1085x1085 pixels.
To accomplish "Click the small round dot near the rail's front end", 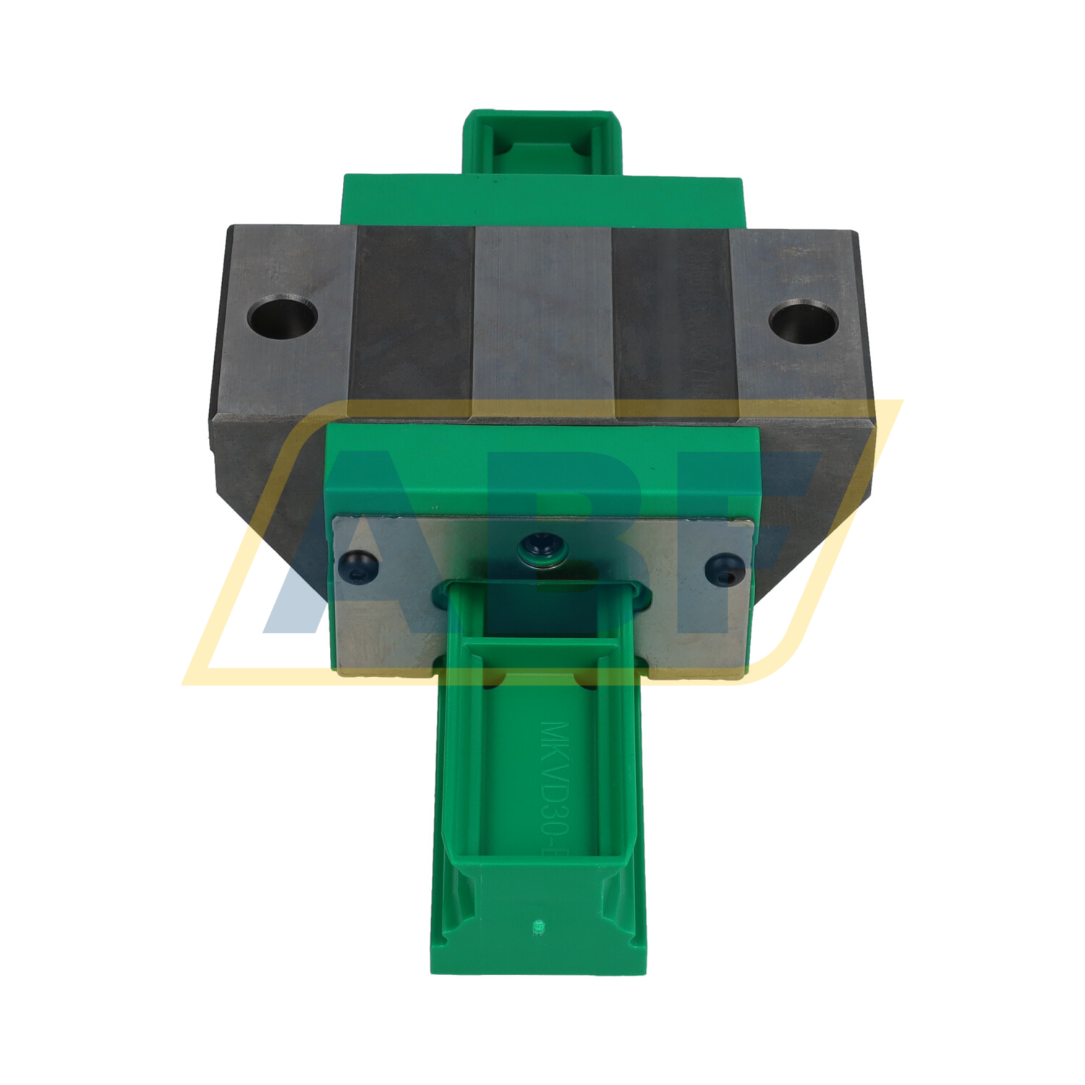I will pyautogui.click(x=537, y=925).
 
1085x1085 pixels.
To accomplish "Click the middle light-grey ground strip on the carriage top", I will pyautogui.click(x=542, y=318).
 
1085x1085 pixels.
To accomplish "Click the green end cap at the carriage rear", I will pyautogui.click(x=541, y=199).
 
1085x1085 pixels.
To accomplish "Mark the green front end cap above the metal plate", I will pyautogui.click(x=542, y=470).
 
